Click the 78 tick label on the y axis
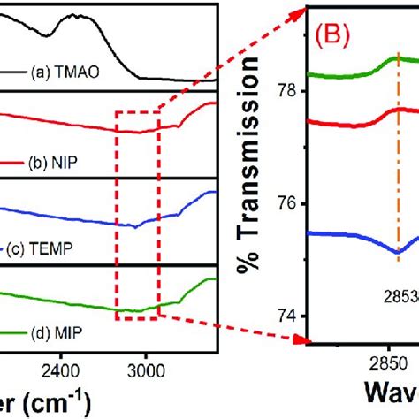[x=288, y=91]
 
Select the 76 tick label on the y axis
[x=288, y=203]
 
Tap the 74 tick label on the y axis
[x=288, y=316]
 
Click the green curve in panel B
[x=354, y=76]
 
